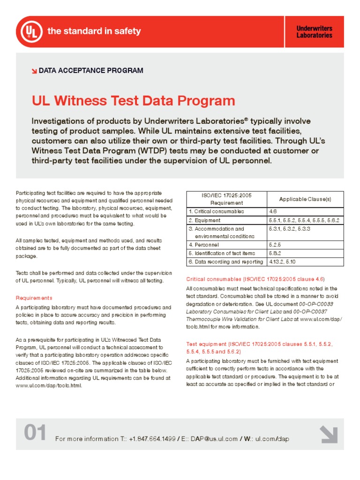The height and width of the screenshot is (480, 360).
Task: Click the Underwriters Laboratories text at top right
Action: pyautogui.click(x=314, y=32)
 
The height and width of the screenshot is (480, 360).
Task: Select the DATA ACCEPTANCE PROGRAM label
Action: pyautogui.click(x=91, y=71)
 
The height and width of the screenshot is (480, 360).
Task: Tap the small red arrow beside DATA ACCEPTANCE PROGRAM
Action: pyautogui.click(x=34, y=71)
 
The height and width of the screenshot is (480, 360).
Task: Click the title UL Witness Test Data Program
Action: pyautogui.click(x=133, y=101)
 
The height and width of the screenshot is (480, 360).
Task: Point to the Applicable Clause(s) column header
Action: pyautogui.click(x=305, y=199)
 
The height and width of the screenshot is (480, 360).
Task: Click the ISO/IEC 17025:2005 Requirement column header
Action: pyautogui.click(x=226, y=199)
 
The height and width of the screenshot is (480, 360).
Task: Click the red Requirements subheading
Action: pyautogui.click(x=34, y=298)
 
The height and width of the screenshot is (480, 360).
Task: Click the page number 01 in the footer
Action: pyautogui.click(x=35, y=434)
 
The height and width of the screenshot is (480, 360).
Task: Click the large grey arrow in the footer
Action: pyautogui.click(x=329, y=434)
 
